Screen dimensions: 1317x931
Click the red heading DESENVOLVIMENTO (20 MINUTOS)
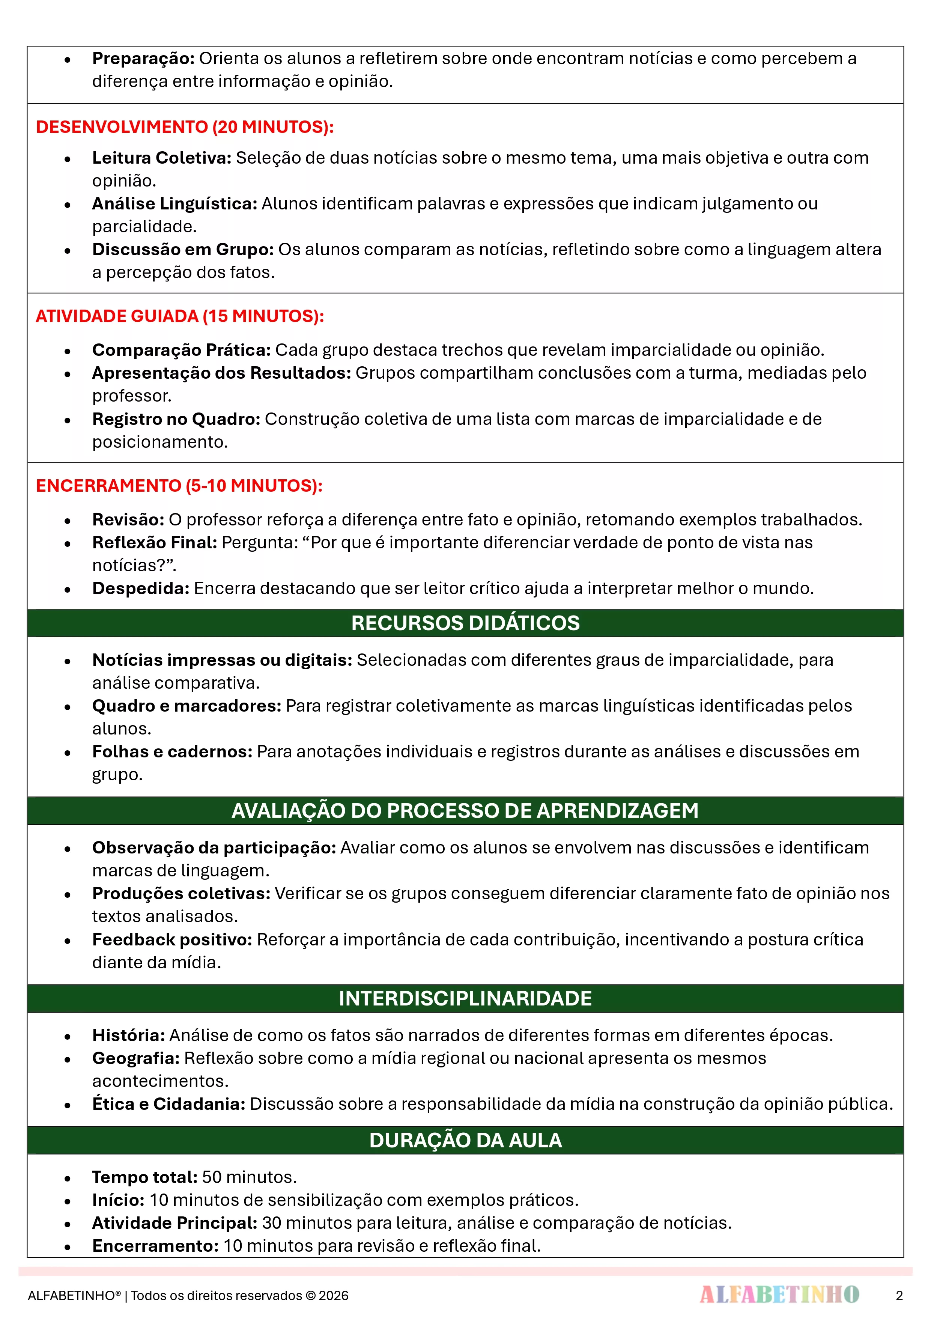(185, 127)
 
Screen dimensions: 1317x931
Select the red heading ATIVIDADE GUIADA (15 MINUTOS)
(179, 316)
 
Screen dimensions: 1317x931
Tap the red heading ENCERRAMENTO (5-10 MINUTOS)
(179, 486)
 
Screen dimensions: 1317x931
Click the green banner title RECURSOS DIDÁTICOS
(465, 623)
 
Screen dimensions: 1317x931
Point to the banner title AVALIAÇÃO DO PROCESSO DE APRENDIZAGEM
(465, 811)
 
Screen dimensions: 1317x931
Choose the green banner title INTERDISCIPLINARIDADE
(465, 998)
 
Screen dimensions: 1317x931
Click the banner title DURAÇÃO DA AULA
(465, 1140)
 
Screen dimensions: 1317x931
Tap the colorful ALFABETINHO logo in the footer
(779, 1294)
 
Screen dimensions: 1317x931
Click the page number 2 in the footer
(899, 1295)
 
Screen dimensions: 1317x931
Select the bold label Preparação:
(143, 59)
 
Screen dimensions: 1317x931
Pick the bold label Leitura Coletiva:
(162, 158)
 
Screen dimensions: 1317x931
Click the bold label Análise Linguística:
(174, 204)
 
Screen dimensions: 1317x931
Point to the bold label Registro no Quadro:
(176, 419)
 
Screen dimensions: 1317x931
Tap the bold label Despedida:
(141, 589)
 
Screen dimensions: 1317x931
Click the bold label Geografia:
(136, 1058)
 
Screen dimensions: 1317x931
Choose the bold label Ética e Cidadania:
(168, 1104)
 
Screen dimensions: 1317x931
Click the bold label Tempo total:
(144, 1177)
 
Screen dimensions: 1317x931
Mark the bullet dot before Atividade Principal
(68, 1224)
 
